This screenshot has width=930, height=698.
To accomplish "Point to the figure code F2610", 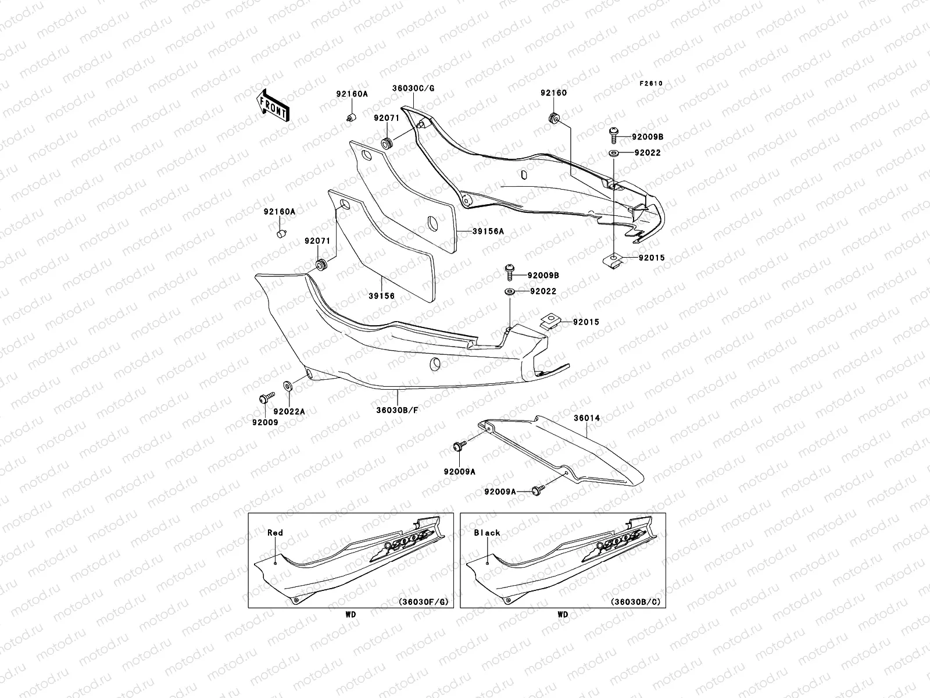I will click(x=651, y=83).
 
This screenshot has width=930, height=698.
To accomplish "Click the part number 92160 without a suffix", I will click(x=553, y=93).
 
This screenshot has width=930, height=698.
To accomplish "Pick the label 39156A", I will click(x=488, y=231).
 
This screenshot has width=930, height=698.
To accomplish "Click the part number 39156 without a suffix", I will click(x=381, y=296).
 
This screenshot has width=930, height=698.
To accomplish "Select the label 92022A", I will click(x=289, y=411).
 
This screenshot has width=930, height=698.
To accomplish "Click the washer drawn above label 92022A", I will click(x=288, y=386).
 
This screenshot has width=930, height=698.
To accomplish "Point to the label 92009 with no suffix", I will click(x=264, y=422).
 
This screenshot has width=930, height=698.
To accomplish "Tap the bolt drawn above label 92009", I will click(x=265, y=398).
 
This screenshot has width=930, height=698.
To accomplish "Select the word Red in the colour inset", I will click(x=275, y=532).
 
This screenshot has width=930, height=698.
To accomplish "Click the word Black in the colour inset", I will click(x=487, y=532).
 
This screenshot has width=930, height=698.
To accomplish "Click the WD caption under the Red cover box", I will click(x=350, y=614).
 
